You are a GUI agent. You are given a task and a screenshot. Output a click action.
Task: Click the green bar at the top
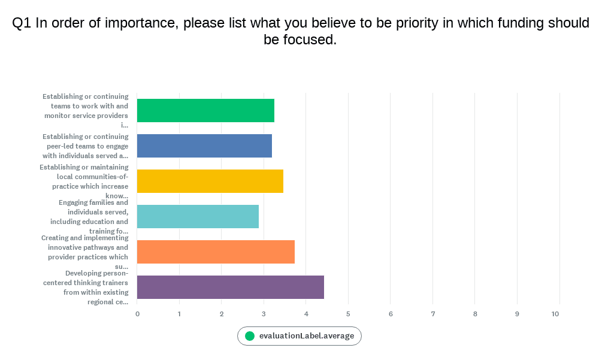tap(205, 110)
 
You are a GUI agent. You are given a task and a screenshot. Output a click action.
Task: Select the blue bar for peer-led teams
tap(204, 146)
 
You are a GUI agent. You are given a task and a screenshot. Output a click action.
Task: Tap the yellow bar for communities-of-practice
tap(210, 181)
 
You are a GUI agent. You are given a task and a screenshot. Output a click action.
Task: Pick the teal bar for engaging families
tap(198, 216)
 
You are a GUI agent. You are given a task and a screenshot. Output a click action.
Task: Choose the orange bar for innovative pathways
tap(216, 252)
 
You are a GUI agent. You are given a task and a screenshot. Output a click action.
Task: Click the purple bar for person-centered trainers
tap(231, 287)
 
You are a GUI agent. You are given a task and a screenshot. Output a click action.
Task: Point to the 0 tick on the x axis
tap(137, 314)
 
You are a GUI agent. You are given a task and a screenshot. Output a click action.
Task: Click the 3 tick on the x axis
tap(264, 314)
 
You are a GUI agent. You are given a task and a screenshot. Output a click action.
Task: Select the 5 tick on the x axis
tap(348, 314)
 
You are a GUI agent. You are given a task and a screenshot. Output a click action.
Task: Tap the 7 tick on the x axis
tap(432, 314)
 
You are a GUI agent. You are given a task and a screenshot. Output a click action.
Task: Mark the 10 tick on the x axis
tap(556, 314)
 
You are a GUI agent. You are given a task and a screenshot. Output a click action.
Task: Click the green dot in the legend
tap(250, 336)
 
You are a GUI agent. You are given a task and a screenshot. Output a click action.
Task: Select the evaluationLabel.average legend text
tap(307, 336)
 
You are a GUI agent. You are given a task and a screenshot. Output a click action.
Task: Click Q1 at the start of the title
tap(22, 23)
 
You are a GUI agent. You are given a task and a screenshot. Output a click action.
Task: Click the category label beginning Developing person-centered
tap(85, 288)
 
